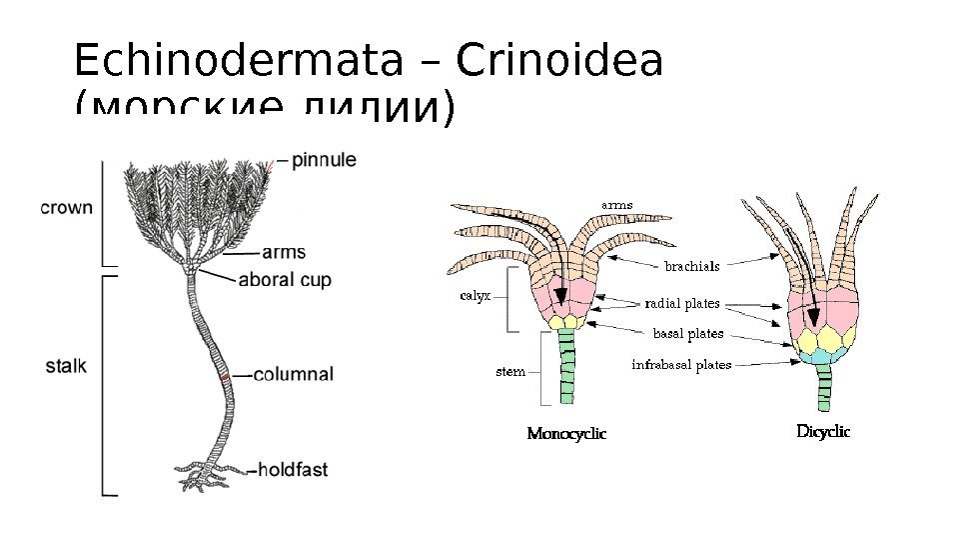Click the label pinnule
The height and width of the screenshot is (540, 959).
324,159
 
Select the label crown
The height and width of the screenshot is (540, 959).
67,208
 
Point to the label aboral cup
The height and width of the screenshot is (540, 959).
285,280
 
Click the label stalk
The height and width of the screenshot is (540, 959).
67,366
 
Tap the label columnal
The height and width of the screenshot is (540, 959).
293,375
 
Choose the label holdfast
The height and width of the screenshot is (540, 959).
293,468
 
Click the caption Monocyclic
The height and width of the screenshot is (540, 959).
565,434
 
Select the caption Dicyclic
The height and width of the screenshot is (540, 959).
822,432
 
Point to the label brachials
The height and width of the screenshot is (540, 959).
691,266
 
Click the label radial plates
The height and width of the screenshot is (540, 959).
682,302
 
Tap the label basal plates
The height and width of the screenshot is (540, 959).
687,333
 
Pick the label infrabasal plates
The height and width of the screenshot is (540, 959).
681,365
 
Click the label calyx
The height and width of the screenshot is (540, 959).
475,296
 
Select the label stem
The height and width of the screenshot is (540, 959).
510,372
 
